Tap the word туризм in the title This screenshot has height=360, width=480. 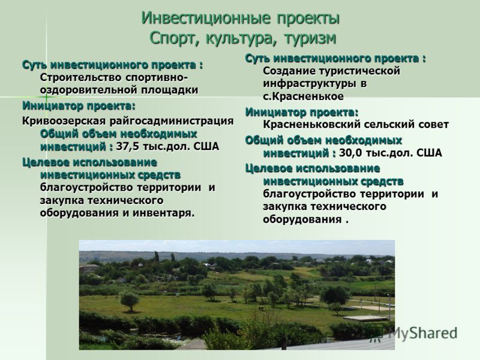[310, 39]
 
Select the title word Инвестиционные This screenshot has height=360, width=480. [206, 19]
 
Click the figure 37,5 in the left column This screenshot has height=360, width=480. [127, 146]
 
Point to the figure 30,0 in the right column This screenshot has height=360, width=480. [350, 153]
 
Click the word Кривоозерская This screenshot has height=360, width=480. [64, 121]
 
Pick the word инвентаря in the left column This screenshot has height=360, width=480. [163, 213]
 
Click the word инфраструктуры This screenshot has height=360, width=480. [310, 84]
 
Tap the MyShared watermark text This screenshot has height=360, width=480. [422, 333]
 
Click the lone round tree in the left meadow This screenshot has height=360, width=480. [130, 301]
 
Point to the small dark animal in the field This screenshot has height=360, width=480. [261, 308]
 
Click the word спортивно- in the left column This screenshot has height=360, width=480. [156, 78]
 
